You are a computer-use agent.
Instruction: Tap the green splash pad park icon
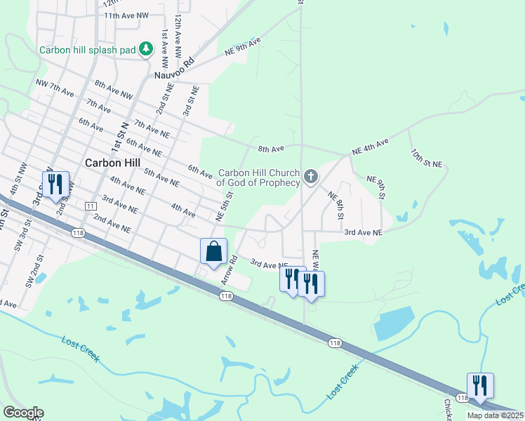(x=146, y=49)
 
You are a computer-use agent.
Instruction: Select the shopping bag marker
(x=213, y=251)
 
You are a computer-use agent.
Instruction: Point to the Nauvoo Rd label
(x=173, y=70)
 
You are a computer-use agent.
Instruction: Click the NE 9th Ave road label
(x=243, y=47)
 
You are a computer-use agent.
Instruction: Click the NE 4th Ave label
(x=370, y=146)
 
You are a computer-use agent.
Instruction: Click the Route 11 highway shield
(x=90, y=206)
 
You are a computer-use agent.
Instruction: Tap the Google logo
(x=23, y=413)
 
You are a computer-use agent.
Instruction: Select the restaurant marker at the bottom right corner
(x=480, y=386)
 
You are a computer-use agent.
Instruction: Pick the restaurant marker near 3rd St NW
(x=55, y=185)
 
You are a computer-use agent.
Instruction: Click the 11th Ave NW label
(x=126, y=15)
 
